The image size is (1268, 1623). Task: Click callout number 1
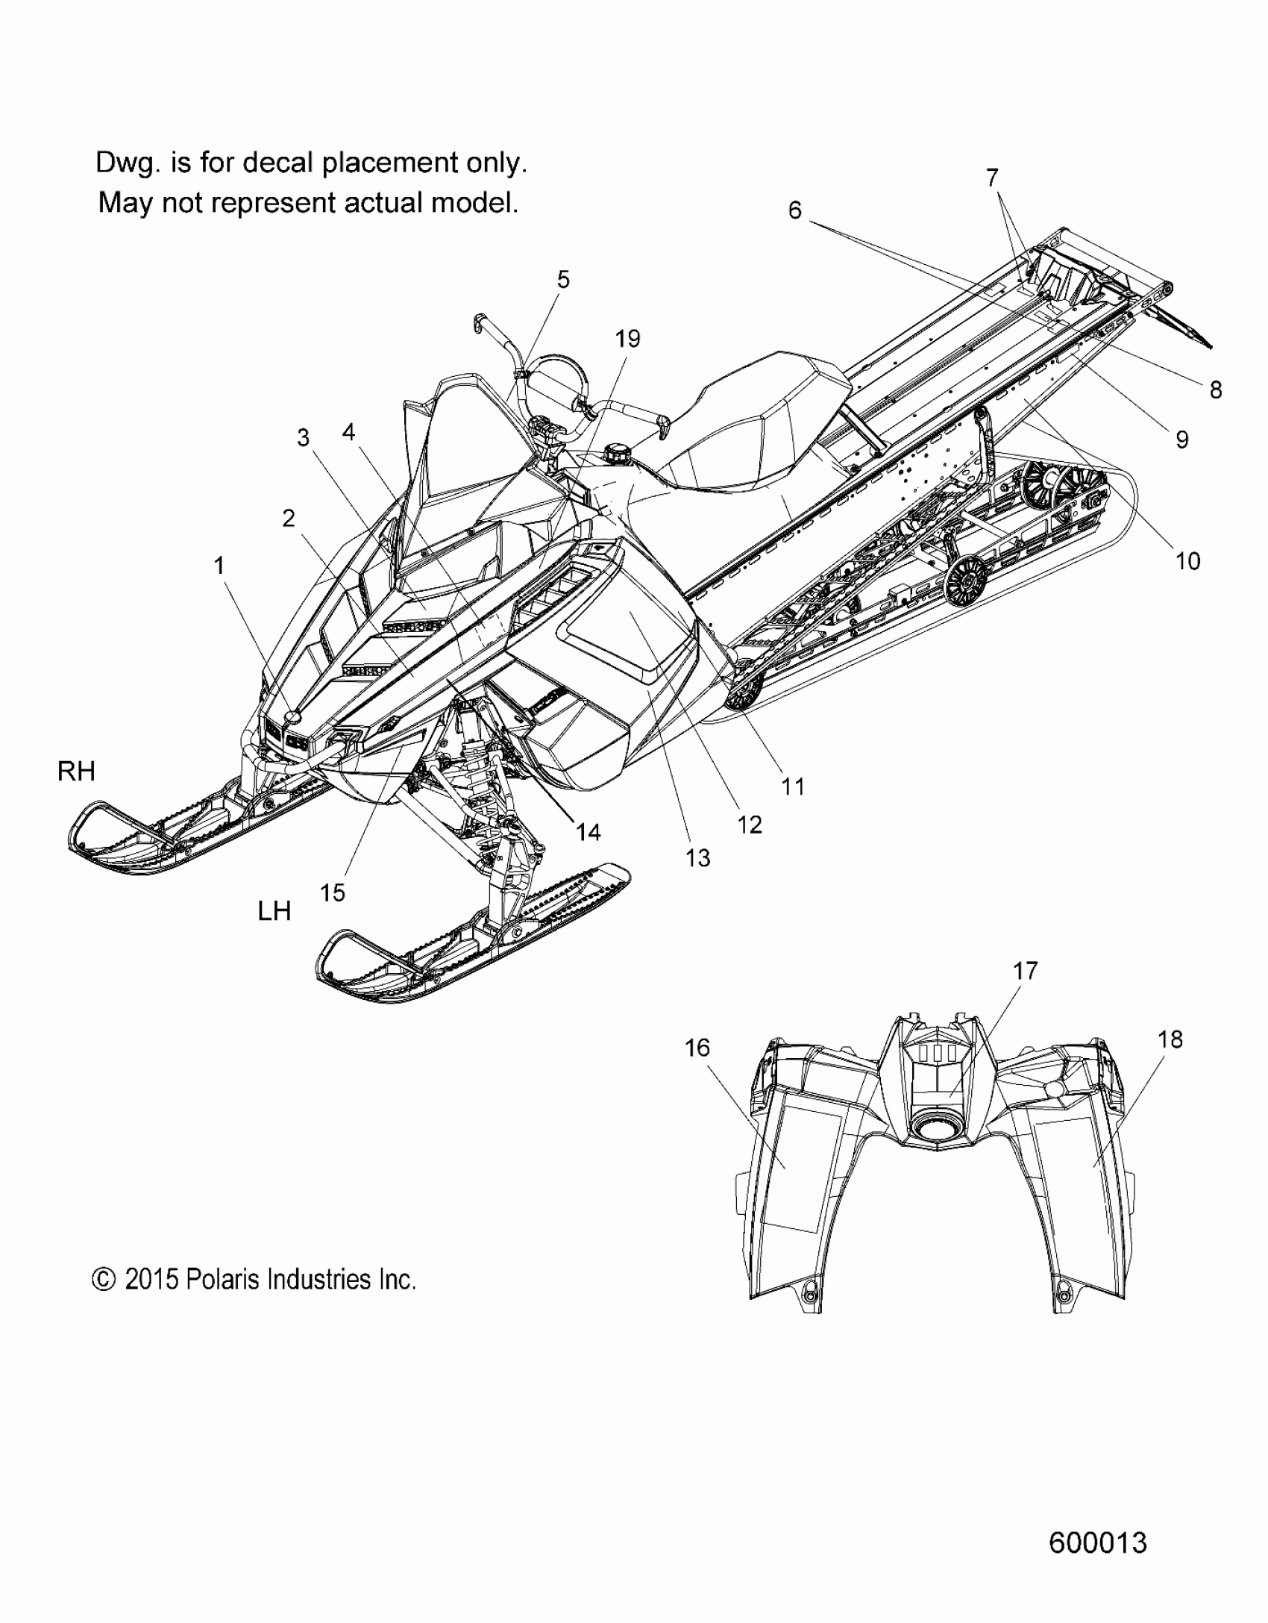pos(219,566)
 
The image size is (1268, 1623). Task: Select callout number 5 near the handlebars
pos(563,280)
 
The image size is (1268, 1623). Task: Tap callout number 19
pos(627,339)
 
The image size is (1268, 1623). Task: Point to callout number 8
pos(1216,390)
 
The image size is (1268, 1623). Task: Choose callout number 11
pos(793,786)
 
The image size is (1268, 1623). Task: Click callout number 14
pos(588,832)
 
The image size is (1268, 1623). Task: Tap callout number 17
pos(1025,971)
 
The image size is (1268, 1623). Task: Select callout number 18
pos(1170,1039)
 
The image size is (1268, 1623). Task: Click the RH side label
pos(76,772)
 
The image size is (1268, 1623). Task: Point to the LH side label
pos(274,911)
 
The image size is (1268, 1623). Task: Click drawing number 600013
pos(1097,1542)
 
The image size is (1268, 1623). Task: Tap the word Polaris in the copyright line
pos(222,1280)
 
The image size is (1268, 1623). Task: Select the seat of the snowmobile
pos(753,425)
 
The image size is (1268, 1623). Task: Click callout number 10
pos(1187,561)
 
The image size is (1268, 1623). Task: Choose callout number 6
pos(794,211)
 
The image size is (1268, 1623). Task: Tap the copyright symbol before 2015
pos(104,1280)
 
